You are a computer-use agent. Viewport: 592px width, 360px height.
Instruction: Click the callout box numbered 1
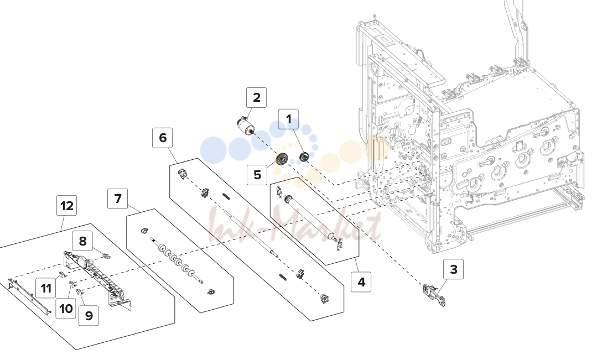click(x=288, y=119)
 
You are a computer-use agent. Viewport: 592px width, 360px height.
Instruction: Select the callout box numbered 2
click(x=256, y=97)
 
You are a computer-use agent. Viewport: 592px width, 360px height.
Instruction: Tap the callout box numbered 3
click(x=454, y=269)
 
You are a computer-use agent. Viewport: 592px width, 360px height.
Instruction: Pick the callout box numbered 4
click(x=361, y=282)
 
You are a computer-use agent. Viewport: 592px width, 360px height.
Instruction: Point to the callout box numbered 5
click(x=257, y=175)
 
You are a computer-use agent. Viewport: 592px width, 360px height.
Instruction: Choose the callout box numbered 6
click(x=162, y=138)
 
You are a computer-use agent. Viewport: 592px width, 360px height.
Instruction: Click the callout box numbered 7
click(x=118, y=199)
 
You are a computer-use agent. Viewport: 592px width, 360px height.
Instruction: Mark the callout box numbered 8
click(x=82, y=241)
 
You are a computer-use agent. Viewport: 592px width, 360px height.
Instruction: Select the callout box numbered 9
click(x=89, y=315)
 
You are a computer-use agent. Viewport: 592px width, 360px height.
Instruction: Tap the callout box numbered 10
click(x=66, y=309)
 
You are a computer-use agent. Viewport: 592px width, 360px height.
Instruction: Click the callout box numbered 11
click(x=46, y=288)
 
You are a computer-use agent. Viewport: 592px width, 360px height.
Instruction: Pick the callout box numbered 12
click(x=67, y=206)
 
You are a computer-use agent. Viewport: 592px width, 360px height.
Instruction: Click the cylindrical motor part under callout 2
click(x=245, y=126)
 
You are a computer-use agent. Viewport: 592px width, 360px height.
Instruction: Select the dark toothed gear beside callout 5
click(x=281, y=159)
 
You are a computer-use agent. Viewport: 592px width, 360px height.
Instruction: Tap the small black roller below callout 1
click(x=304, y=156)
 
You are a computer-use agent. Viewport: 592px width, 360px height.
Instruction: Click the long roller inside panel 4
click(x=309, y=218)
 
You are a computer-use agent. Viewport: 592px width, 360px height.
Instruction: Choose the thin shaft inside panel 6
click(x=250, y=234)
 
